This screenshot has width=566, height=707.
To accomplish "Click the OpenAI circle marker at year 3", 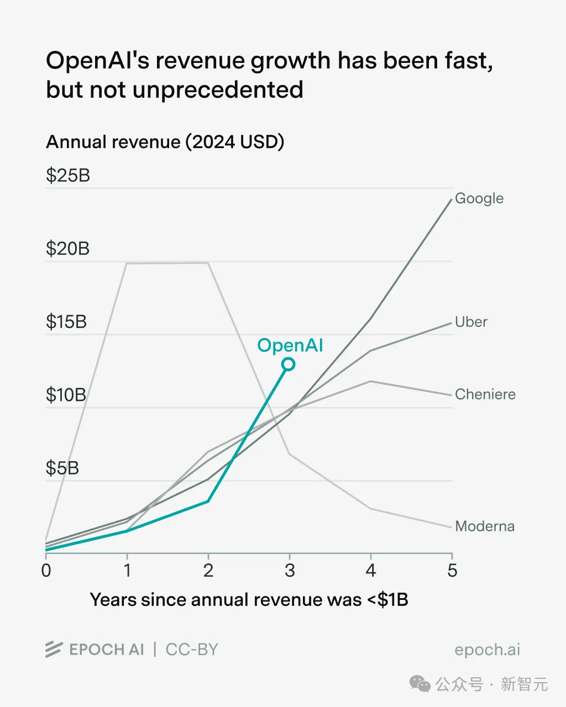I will tap(288, 364).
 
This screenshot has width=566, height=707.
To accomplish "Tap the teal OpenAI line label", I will tap(290, 345).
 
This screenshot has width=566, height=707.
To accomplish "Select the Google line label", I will tap(479, 198).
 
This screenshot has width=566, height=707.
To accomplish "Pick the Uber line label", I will tap(471, 322).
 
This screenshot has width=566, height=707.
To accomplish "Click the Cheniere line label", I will tap(485, 394).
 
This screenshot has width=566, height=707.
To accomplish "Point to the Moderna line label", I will tap(484, 526).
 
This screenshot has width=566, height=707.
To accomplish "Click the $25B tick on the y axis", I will tap(67, 176).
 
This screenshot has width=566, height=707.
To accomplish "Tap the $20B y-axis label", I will tap(67, 249).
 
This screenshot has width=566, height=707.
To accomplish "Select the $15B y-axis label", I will tap(66, 321).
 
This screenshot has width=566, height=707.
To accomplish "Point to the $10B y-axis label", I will tap(66, 395).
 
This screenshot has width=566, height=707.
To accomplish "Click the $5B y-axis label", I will tap(62, 468).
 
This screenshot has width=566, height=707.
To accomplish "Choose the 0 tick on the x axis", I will tap(46, 570).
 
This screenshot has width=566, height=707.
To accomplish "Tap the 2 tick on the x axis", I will tap(208, 570).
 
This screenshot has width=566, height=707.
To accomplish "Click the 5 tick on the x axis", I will tap(452, 570).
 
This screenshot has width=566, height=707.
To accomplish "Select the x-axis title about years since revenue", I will tap(249, 600).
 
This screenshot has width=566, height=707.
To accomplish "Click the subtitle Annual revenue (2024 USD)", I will tap(165, 142).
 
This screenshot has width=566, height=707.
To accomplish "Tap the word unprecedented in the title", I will tap(218, 89).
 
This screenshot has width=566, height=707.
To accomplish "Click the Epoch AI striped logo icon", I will tap(54, 650).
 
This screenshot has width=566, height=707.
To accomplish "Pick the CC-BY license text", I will tap(192, 650).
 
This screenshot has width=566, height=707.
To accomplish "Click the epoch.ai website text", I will tap(487, 650).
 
